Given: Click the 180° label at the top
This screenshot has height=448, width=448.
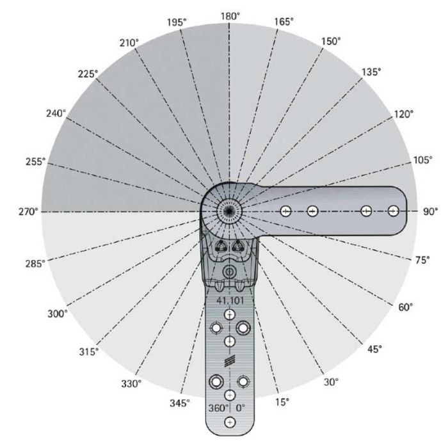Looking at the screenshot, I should (230, 15).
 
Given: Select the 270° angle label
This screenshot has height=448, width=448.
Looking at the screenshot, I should (28, 211).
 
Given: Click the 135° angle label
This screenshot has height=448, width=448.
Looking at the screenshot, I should (371, 72).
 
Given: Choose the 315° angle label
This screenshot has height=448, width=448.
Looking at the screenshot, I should (89, 351).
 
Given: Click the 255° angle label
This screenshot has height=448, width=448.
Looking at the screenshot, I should (35, 162).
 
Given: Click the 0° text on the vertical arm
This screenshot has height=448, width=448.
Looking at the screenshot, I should (241, 408).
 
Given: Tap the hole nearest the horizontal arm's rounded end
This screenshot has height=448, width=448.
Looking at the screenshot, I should (394, 211).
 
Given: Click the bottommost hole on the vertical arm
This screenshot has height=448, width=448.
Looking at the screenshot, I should (229, 422).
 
